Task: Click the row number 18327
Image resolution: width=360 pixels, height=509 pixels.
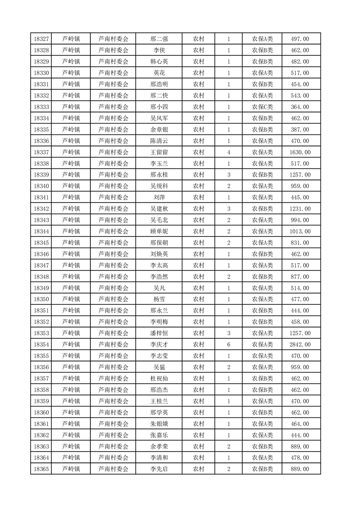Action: point(41,39)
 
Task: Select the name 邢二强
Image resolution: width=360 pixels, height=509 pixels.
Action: point(159,39)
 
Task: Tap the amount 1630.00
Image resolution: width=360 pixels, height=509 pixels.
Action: point(300,152)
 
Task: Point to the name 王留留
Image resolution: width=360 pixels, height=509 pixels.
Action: point(159,152)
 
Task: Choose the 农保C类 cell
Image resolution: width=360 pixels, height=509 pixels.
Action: point(262,107)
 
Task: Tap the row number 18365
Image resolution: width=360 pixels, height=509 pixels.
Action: point(41,469)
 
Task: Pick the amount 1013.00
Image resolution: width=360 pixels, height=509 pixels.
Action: point(300,231)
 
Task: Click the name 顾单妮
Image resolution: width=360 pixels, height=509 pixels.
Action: point(159,231)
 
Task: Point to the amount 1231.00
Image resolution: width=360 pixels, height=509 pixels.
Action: point(300,209)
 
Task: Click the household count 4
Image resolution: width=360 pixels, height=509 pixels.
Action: point(229,152)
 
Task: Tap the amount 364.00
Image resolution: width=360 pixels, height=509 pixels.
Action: point(300,107)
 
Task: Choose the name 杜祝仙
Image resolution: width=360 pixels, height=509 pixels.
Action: point(159,378)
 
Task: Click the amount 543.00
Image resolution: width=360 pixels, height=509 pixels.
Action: point(300,96)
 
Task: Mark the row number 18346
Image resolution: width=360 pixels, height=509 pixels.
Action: point(41,254)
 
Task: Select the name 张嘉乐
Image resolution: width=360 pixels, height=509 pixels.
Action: point(159,435)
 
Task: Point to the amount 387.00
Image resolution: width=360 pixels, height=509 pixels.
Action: point(300,130)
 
